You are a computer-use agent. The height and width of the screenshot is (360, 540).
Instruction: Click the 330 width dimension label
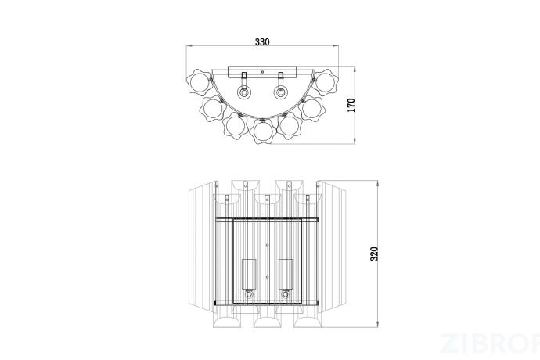coord(262,42)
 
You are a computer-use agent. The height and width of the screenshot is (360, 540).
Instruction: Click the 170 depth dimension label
coord(351,105)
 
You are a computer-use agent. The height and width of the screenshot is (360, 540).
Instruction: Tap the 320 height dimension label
coord(374,254)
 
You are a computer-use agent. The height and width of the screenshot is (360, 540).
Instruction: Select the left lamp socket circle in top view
coord(244,92)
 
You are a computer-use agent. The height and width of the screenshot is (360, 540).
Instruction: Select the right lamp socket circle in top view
coord(280,92)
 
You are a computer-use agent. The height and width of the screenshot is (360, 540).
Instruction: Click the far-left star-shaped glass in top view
coord(200,83)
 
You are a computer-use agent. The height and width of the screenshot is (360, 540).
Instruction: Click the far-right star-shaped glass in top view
coord(325,83)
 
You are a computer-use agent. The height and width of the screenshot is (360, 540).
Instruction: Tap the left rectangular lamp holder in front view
coord(249,274)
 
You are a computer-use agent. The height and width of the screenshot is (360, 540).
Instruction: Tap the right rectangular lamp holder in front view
coord(286,274)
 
